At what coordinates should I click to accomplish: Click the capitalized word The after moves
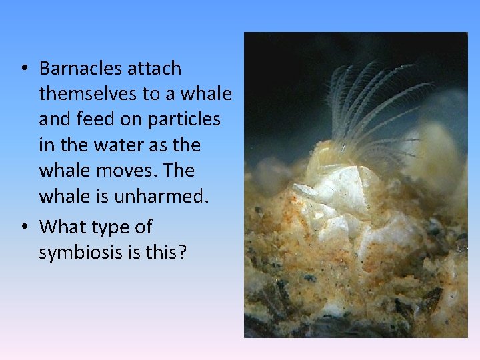(x=179, y=170)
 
